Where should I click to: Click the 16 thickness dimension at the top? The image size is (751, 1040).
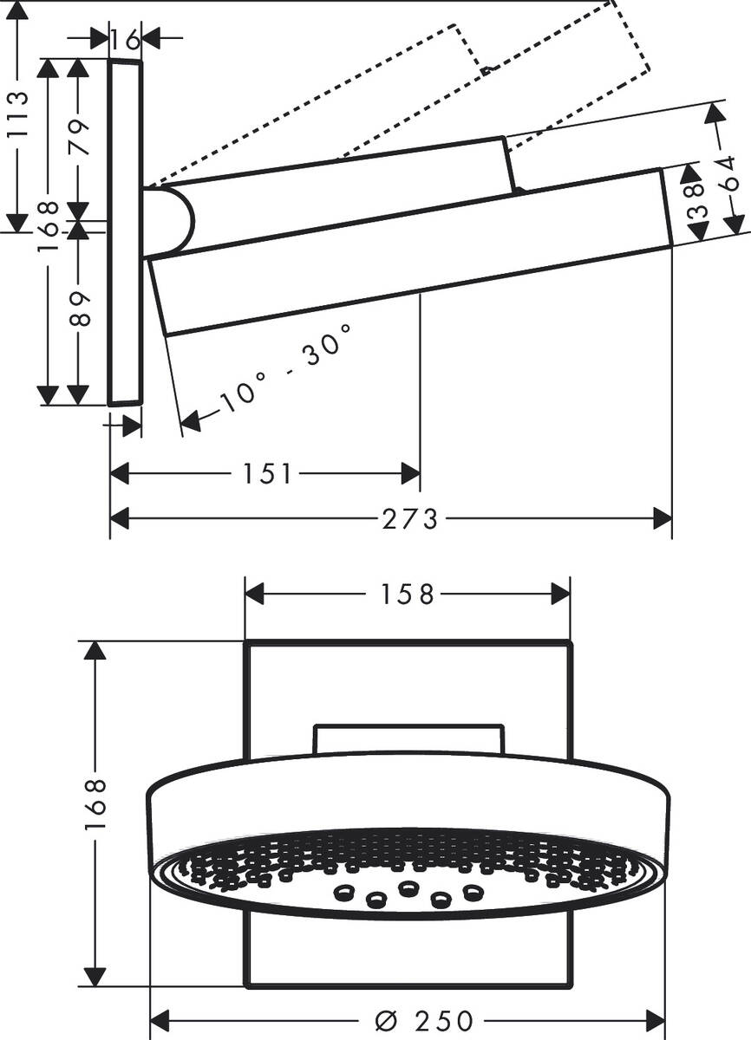click(x=126, y=39)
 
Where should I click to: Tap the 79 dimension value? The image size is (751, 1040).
click(x=80, y=137)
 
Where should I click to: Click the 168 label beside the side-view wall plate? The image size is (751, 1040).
click(x=49, y=224)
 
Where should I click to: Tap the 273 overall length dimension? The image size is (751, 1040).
click(x=410, y=519)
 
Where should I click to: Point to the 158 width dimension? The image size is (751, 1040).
click(x=408, y=595)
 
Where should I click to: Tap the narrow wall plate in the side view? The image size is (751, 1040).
click(x=126, y=234)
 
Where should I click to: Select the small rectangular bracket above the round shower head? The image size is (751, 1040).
click(x=408, y=738)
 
